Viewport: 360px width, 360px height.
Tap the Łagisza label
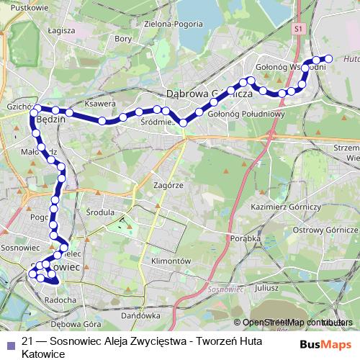60,32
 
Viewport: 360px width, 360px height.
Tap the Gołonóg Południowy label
247,114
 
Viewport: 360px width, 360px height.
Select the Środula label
100,213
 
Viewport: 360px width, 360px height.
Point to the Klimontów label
171,260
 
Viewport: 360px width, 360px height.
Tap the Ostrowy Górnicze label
325,230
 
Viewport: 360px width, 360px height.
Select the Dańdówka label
140,315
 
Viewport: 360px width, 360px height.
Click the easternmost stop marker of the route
329,58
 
